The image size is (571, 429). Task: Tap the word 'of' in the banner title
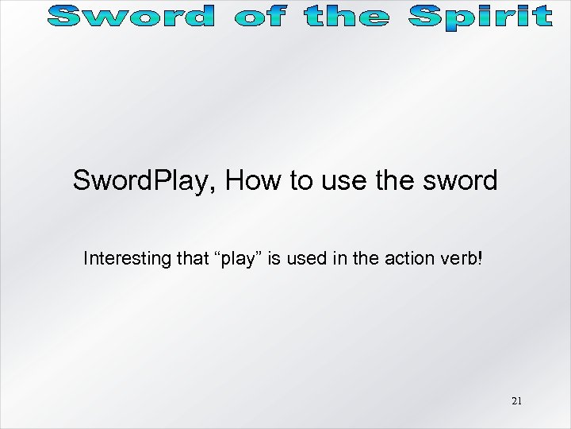coord(261,16)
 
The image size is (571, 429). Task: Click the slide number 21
coord(516,401)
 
